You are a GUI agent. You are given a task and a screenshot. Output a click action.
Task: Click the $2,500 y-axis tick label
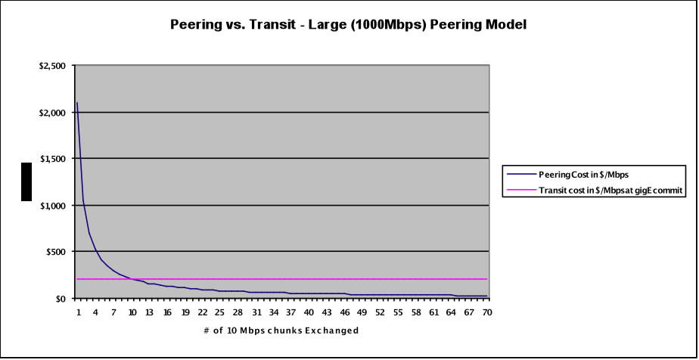pos(53,66)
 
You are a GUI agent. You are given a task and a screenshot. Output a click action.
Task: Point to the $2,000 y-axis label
pos(53,113)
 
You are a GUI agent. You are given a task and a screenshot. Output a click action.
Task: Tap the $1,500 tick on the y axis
pos(53,159)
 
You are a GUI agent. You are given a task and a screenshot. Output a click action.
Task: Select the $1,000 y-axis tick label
pos(53,205)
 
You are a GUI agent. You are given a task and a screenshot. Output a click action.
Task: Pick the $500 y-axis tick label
pos(57,252)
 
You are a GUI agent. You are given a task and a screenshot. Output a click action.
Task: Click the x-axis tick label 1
pos(77,312)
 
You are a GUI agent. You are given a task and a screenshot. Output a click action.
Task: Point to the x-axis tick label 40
pos(309,312)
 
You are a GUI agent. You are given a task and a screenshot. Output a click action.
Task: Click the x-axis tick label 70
pos(486,312)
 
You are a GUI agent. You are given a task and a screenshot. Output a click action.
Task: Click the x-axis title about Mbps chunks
pos(280,331)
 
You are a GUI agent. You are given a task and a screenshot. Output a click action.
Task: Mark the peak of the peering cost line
pos(77,103)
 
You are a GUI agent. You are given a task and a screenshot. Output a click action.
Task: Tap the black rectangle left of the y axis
pos(26,182)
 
